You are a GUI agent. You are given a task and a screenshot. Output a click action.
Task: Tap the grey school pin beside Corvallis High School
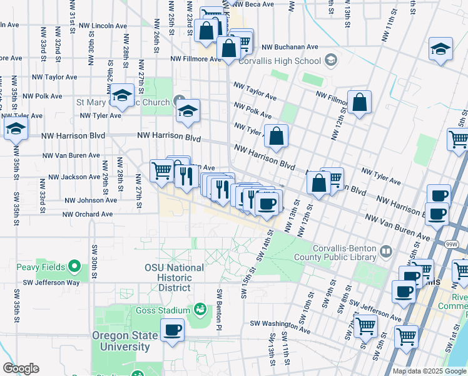pos(330,61)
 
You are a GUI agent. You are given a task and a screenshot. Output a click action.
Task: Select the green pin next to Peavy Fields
pos(74,268)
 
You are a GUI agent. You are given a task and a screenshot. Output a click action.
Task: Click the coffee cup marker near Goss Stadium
pos(172,329)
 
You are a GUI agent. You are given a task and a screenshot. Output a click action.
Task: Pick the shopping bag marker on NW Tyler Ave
pos(276,135)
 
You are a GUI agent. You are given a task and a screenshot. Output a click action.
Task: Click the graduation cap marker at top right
pos(440,49)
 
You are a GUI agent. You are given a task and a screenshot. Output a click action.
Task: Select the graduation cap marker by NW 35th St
pos(15,129)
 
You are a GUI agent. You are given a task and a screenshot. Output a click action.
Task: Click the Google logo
pos(21,368)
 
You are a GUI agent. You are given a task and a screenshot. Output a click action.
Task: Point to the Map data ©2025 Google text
pos(429,371)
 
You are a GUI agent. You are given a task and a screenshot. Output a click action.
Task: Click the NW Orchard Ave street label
pos(87,214)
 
